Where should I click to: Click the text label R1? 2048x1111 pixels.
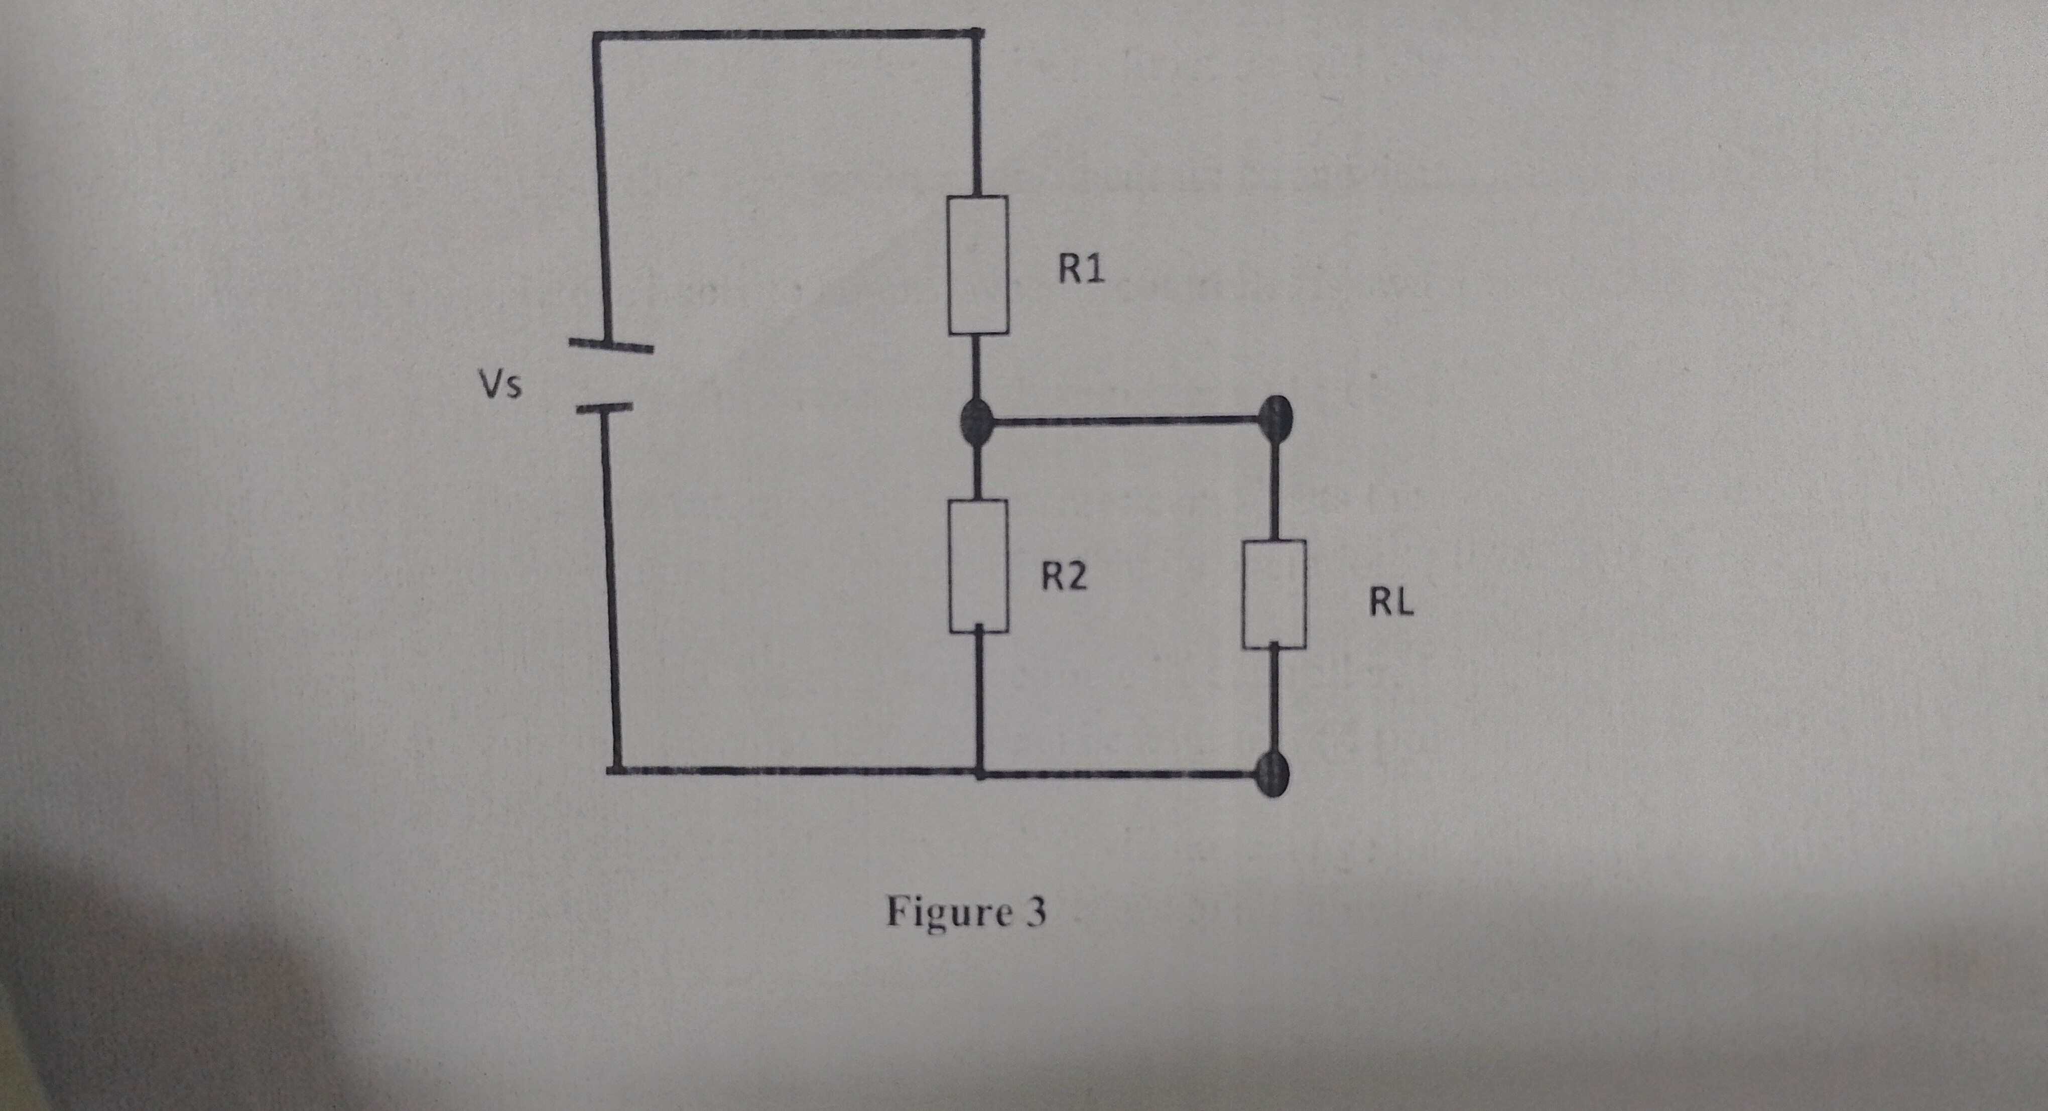coord(1081,271)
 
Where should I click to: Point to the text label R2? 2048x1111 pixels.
coord(1065,577)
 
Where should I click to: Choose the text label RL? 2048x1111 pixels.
coord(1391,604)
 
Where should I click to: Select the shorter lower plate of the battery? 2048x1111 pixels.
coord(604,409)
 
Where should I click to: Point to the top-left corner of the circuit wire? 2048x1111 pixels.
coord(595,35)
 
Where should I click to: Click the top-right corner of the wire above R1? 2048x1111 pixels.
coord(976,34)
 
